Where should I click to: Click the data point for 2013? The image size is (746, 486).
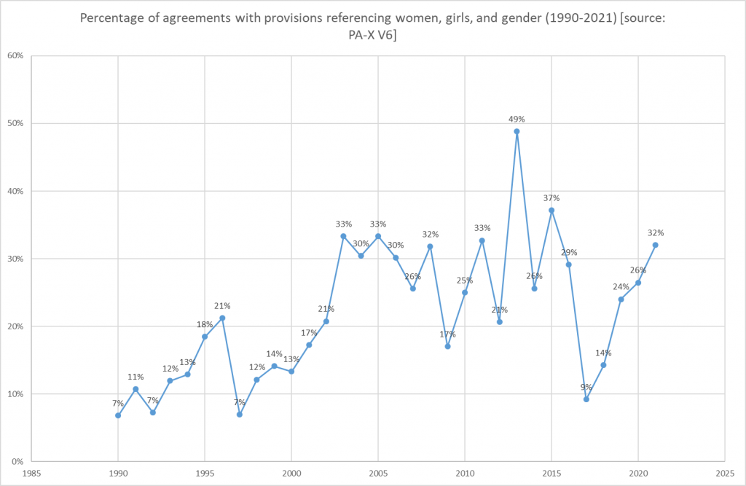click(517, 131)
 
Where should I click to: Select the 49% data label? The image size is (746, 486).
click(517, 118)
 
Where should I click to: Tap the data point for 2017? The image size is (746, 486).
click(586, 399)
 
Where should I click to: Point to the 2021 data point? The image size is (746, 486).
click(656, 245)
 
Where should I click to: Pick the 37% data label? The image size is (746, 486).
click(551, 197)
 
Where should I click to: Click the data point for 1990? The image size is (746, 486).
click(118, 415)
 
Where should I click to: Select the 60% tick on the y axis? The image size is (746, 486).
click(16, 56)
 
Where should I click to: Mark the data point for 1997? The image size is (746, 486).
click(239, 414)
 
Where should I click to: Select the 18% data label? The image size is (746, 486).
click(205, 324)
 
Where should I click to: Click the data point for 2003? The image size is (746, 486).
click(343, 236)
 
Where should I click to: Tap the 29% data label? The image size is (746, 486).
click(569, 252)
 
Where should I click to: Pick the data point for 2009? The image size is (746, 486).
click(447, 346)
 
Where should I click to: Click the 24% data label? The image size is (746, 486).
click(621, 286)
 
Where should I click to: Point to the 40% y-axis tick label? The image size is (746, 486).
click(16, 192)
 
